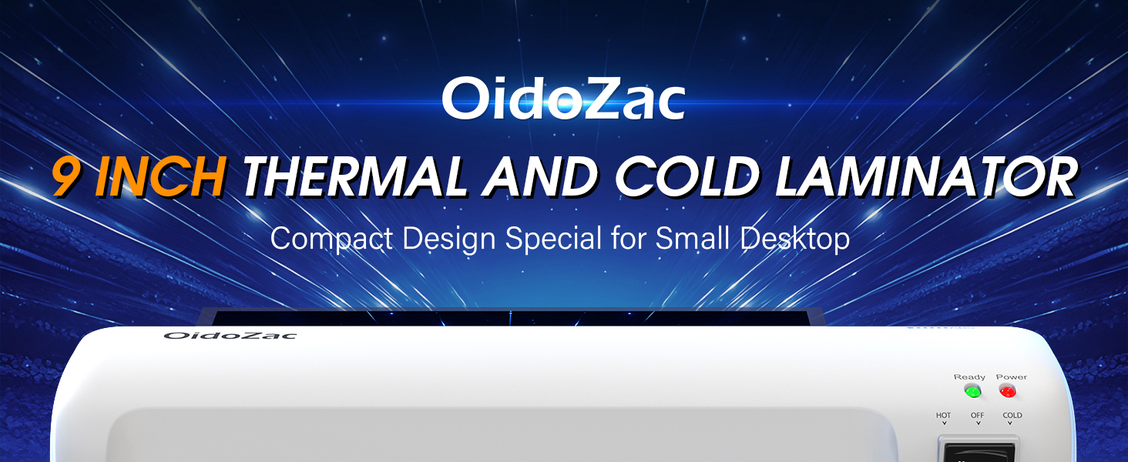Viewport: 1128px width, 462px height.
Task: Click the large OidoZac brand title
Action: [563, 98]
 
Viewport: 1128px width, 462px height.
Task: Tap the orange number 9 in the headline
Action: [65, 176]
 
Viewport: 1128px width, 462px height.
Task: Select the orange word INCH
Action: [160, 176]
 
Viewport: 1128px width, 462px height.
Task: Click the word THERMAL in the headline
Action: [354, 176]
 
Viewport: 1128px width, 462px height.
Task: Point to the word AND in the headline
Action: [540, 176]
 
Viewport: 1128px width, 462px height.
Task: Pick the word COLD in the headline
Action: [687, 176]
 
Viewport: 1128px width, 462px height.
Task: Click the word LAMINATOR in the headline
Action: [925, 176]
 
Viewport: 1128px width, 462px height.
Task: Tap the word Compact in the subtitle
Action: [331, 239]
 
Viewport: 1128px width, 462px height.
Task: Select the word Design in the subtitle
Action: [448, 239]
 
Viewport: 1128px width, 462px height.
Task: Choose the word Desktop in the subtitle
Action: [795, 239]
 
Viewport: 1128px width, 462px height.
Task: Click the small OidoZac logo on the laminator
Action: [230, 336]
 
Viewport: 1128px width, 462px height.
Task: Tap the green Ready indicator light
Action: [972, 391]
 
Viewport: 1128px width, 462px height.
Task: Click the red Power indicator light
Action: [1008, 391]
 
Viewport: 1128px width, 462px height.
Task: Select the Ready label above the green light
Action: [969, 377]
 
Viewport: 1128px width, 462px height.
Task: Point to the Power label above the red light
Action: [1011, 377]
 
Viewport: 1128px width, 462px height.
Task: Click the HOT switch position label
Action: [943, 415]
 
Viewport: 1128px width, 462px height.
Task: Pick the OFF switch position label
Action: [978, 415]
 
